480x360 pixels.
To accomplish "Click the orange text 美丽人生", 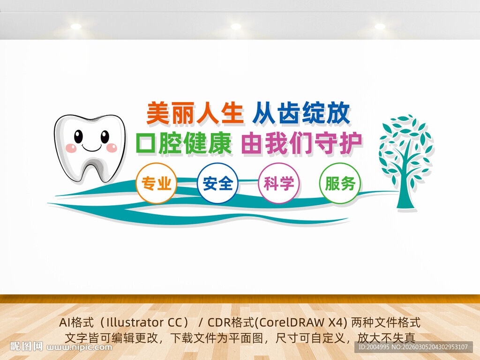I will pyautogui.click(x=195, y=113).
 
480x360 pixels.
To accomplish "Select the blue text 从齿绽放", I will pyautogui.click(x=301, y=113).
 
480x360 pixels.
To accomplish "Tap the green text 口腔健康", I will pyautogui.click(x=184, y=143).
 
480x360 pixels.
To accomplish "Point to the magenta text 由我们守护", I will pyautogui.click(x=301, y=143).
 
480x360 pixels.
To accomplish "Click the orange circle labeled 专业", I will pyautogui.click(x=157, y=183).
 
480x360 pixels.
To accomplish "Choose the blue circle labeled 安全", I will pyautogui.click(x=218, y=183).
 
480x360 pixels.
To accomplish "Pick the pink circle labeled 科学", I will pyautogui.click(x=279, y=183).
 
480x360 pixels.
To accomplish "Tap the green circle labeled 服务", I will pyautogui.click(x=340, y=183).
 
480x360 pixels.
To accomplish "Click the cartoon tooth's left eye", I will pyautogui.click(x=78, y=136).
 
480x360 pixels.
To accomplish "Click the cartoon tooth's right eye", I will pyautogui.click(x=105, y=136).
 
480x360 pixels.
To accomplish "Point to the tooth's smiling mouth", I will pyautogui.click(x=91, y=149).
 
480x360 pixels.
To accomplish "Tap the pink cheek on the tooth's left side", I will pyautogui.click(x=71, y=148).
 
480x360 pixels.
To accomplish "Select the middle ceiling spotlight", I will pyautogui.click(x=235, y=27).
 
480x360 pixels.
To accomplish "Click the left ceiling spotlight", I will pyautogui.click(x=76, y=27).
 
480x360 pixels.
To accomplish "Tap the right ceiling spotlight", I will pyautogui.click(x=380, y=27).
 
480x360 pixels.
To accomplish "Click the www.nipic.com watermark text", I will pyautogui.click(x=80, y=347).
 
